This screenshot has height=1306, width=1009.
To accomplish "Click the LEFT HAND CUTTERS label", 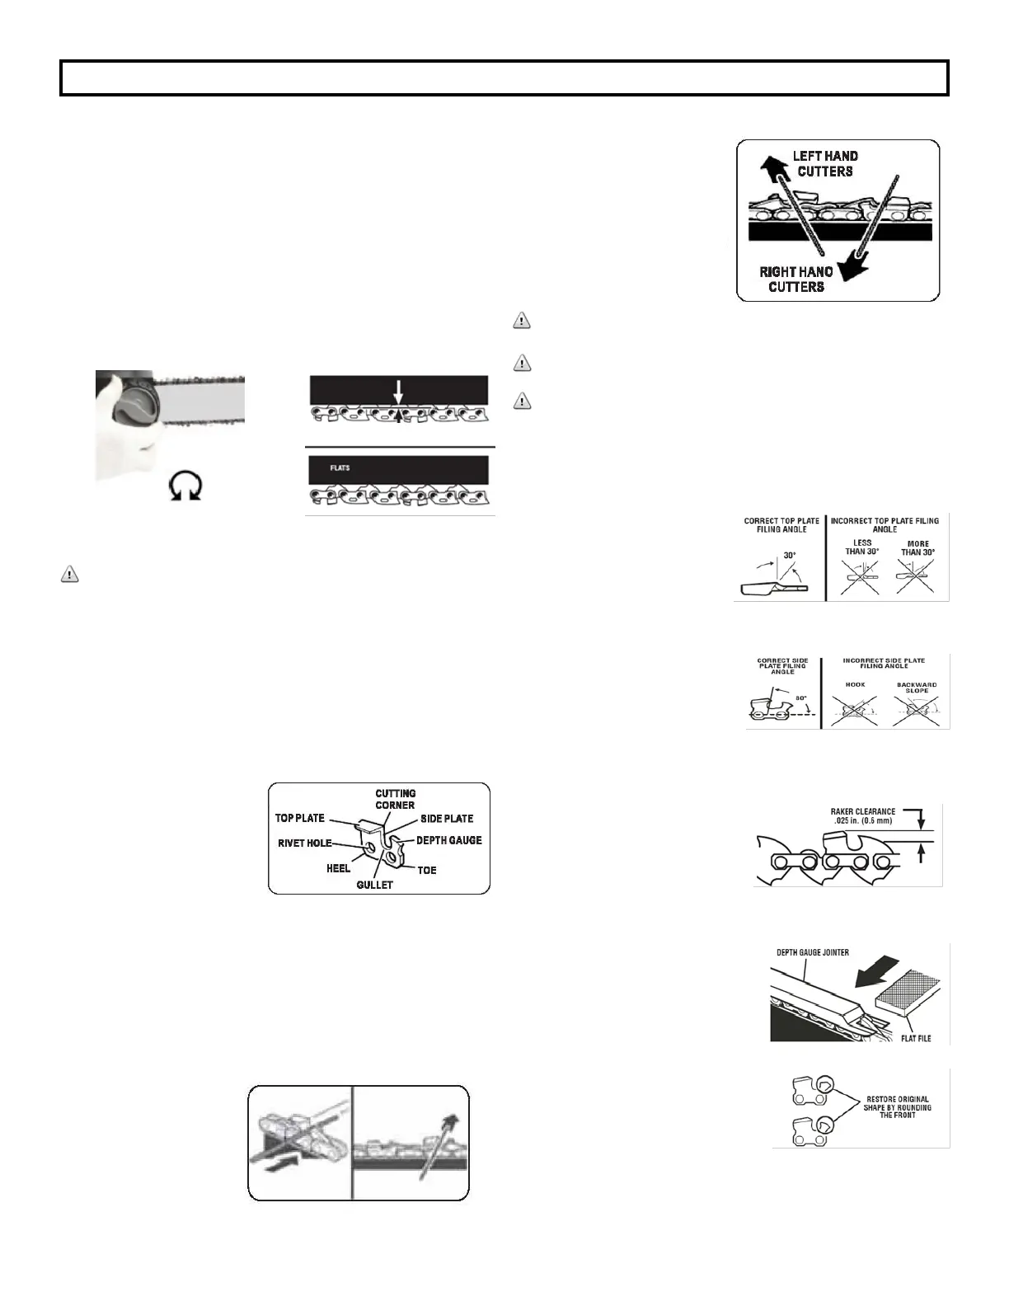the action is [x=824, y=163].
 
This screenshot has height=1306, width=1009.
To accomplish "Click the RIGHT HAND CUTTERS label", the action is [x=795, y=279].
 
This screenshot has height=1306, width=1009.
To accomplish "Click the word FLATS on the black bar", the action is [x=340, y=467].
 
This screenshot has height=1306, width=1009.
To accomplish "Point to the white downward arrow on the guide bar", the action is [x=397, y=392].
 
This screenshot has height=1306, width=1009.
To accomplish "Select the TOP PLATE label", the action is [x=300, y=819].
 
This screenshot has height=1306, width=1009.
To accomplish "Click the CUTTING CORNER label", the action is [x=395, y=799].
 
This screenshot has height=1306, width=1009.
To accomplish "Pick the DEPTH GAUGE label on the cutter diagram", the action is [x=448, y=840].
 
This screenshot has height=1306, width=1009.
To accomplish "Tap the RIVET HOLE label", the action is [x=305, y=843].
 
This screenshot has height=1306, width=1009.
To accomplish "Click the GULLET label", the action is [x=374, y=885].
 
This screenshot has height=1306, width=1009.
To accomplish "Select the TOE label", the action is [x=426, y=870].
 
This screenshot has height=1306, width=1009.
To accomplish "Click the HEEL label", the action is [x=338, y=868].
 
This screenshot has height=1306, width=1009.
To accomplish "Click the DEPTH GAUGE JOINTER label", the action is [x=813, y=952].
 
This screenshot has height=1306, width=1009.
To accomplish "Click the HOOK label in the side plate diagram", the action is [x=855, y=685].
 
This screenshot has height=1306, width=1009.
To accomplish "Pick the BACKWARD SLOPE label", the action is [x=917, y=688].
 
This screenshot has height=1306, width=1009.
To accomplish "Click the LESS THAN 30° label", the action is [x=861, y=547].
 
